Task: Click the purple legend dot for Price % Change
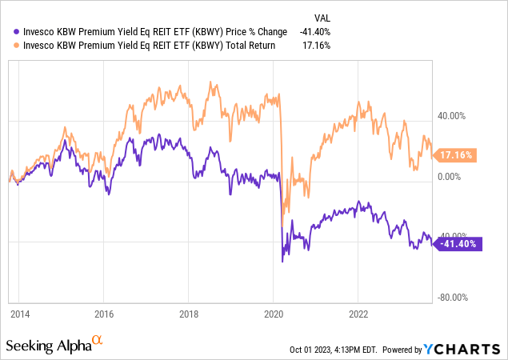pyautogui.click(x=9, y=31)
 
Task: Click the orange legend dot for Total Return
pyautogui.click(x=9, y=46)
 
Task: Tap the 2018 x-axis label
pyautogui.click(x=189, y=314)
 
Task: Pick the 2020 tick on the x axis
pyautogui.click(x=274, y=314)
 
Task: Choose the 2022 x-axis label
pyautogui.click(x=358, y=314)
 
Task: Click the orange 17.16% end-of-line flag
pyautogui.click(x=456, y=154)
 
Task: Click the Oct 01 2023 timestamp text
pyautogui.click(x=336, y=350)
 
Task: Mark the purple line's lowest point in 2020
pyautogui.click(x=282, y=262)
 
